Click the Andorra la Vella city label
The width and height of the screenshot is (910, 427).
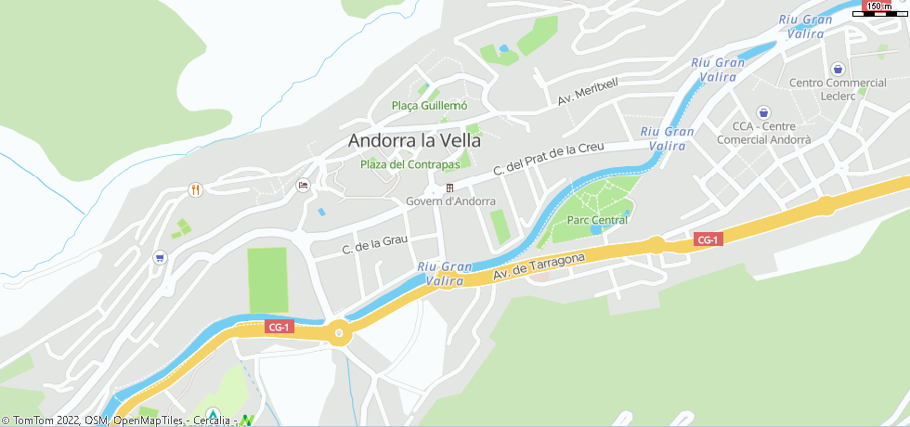click(414, 141)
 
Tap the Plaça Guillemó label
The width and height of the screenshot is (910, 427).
click(429, 106)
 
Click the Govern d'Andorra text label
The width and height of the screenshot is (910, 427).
click(450, 201)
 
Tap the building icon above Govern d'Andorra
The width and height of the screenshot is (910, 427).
click(450, 188)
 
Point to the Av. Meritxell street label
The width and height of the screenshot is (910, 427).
click(587, 91)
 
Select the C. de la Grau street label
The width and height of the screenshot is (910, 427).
click(375, 244)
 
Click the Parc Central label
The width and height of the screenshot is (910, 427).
click(597, 220)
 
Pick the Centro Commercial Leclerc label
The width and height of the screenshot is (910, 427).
click(838, 88)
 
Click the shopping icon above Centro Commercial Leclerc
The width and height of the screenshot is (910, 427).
click(838, 69)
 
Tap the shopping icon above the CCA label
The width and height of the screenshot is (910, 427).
click(763, 111)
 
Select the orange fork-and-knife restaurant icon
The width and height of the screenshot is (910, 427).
click(195, 188)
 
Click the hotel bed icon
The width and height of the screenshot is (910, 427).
click(303, 186)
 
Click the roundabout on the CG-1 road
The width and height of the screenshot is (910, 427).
click(339, 332)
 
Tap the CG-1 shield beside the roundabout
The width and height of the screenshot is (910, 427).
click(279, 327)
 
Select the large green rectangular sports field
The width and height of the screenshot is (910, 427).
click(267, 279)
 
